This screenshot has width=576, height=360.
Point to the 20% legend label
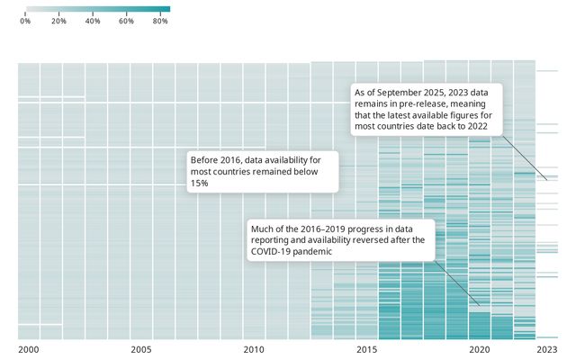59,20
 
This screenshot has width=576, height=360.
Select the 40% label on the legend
92,20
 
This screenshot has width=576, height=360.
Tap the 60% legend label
126,20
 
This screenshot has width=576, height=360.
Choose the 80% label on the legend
160,20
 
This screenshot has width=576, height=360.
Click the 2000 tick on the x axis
29,348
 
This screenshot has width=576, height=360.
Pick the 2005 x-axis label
141,348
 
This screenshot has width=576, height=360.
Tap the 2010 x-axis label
254,348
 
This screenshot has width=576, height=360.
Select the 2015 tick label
366,348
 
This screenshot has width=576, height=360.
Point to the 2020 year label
479,348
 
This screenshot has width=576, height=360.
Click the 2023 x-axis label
546,348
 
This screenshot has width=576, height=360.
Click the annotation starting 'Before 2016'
261,171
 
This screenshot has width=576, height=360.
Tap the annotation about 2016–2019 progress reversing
340,239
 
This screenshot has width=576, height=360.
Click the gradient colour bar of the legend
94,9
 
